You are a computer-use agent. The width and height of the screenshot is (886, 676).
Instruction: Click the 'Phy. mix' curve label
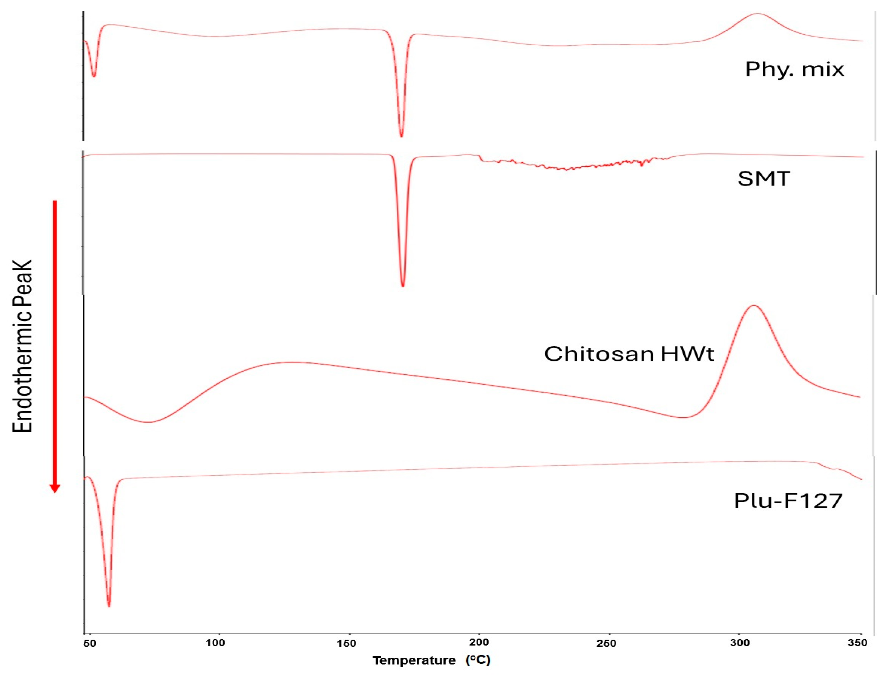(794, 70)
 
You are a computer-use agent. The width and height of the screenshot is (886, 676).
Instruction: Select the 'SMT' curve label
(764, 179)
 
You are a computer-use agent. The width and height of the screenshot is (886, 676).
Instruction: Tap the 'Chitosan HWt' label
(629, 354)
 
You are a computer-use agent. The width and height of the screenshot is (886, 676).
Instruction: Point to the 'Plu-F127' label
(788, 501)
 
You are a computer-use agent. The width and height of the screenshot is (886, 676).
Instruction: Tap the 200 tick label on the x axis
(479, 642)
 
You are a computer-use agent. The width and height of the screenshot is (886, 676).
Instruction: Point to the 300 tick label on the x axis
(740, 643)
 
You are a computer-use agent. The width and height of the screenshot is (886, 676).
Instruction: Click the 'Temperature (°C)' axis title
(431, 660)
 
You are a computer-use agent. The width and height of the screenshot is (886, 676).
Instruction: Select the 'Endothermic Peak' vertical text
(22, 346)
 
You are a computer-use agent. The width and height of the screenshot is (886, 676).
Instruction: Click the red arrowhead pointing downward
(55, 488)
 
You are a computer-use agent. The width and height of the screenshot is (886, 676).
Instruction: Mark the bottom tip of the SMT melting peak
(403, 286)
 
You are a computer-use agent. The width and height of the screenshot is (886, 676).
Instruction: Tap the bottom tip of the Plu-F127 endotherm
(109, 606)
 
